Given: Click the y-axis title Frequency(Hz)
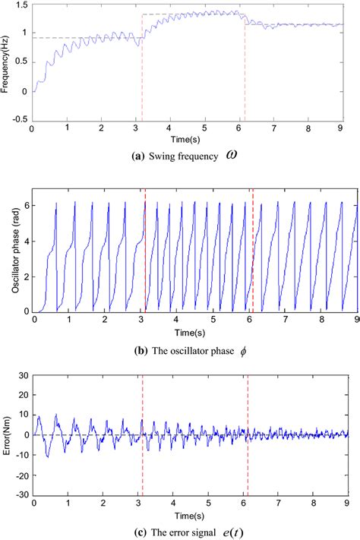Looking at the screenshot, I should (x=6, y=62).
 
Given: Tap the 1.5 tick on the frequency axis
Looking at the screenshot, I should (x=21, y=5).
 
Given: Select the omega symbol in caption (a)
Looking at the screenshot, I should (x=233, y=156).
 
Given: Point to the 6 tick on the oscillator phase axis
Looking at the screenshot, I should (x=25, y=205).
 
